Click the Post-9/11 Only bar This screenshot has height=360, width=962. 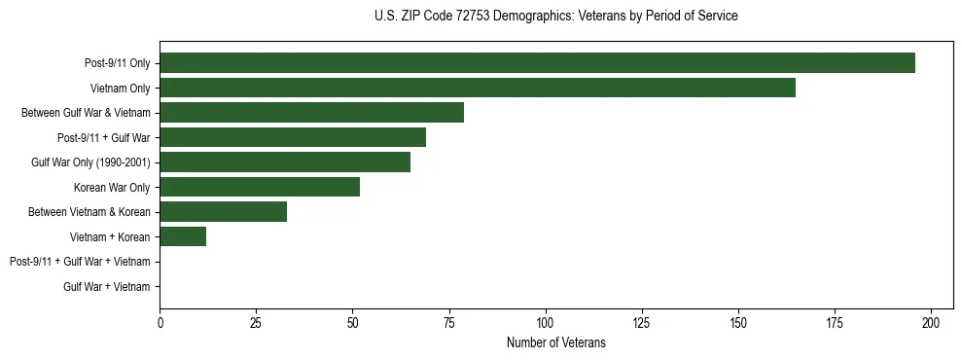(537, 62)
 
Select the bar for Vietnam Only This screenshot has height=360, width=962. (478, 88)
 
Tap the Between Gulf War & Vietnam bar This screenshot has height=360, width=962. (311, 112)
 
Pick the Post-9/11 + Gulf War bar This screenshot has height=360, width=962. (293, 137)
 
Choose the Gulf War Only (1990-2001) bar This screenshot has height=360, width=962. (285, 162)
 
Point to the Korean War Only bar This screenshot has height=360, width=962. (260, 187)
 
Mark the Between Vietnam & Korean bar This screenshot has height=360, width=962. (223, 211)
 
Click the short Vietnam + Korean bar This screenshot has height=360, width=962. (183, 236)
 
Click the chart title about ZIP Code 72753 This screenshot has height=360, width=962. (555, 17)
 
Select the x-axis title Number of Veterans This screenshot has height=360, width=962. (555, 342)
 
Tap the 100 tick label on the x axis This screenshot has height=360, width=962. (545, 321)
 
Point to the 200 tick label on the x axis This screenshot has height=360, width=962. (931, 321)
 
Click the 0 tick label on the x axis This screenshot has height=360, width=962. (160, 321)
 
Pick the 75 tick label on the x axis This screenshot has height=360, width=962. (448, 321)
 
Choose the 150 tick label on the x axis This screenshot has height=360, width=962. (737, 321)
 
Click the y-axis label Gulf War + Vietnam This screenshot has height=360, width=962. (107, 286)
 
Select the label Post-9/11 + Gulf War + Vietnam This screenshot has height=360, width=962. (80, 262)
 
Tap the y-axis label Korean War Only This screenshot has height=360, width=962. (112, 187)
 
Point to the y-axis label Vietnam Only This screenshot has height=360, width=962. (120, 88)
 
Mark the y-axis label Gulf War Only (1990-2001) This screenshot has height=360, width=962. (90, 162)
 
